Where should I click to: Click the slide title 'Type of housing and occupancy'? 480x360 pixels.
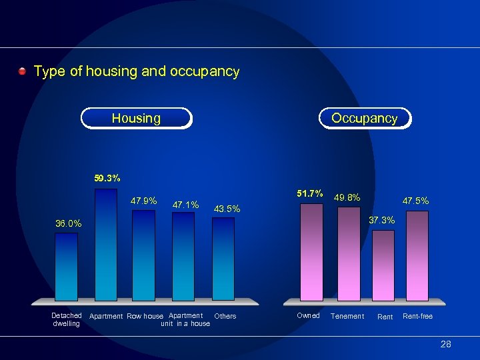click(x=136, y=71)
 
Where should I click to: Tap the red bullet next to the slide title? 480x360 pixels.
click(x=23, y=71)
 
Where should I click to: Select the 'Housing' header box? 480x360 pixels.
click(x=136, y=118)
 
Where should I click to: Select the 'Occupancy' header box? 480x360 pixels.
click(x=364, y=118)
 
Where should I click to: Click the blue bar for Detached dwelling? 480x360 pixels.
click(x=66, y=267)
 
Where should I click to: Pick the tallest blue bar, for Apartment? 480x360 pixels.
click(x=106, y=245)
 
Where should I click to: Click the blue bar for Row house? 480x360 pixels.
click(x=143, y=255)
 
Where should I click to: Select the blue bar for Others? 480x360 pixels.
click(x=223, y=259)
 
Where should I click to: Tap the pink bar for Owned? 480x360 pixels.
click(x=311, y=252)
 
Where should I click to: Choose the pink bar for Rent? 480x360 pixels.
click(x=383, y=265)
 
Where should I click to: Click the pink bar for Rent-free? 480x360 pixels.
click(x=417, y=256)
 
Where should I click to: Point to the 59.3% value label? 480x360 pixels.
click(x=107, y=179)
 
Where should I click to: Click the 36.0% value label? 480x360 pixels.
click(x=68, y=224)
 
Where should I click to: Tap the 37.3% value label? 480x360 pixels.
click(x=382, y=220)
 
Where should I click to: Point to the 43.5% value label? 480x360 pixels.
click(x=227, y=209)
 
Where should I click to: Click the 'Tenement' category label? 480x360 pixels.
click(x=347, y=316)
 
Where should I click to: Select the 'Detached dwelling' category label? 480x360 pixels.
click(x=66, y=319)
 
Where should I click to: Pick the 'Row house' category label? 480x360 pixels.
click(x=145, y=316)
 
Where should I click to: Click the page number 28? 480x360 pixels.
click(x=445, y=344)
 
